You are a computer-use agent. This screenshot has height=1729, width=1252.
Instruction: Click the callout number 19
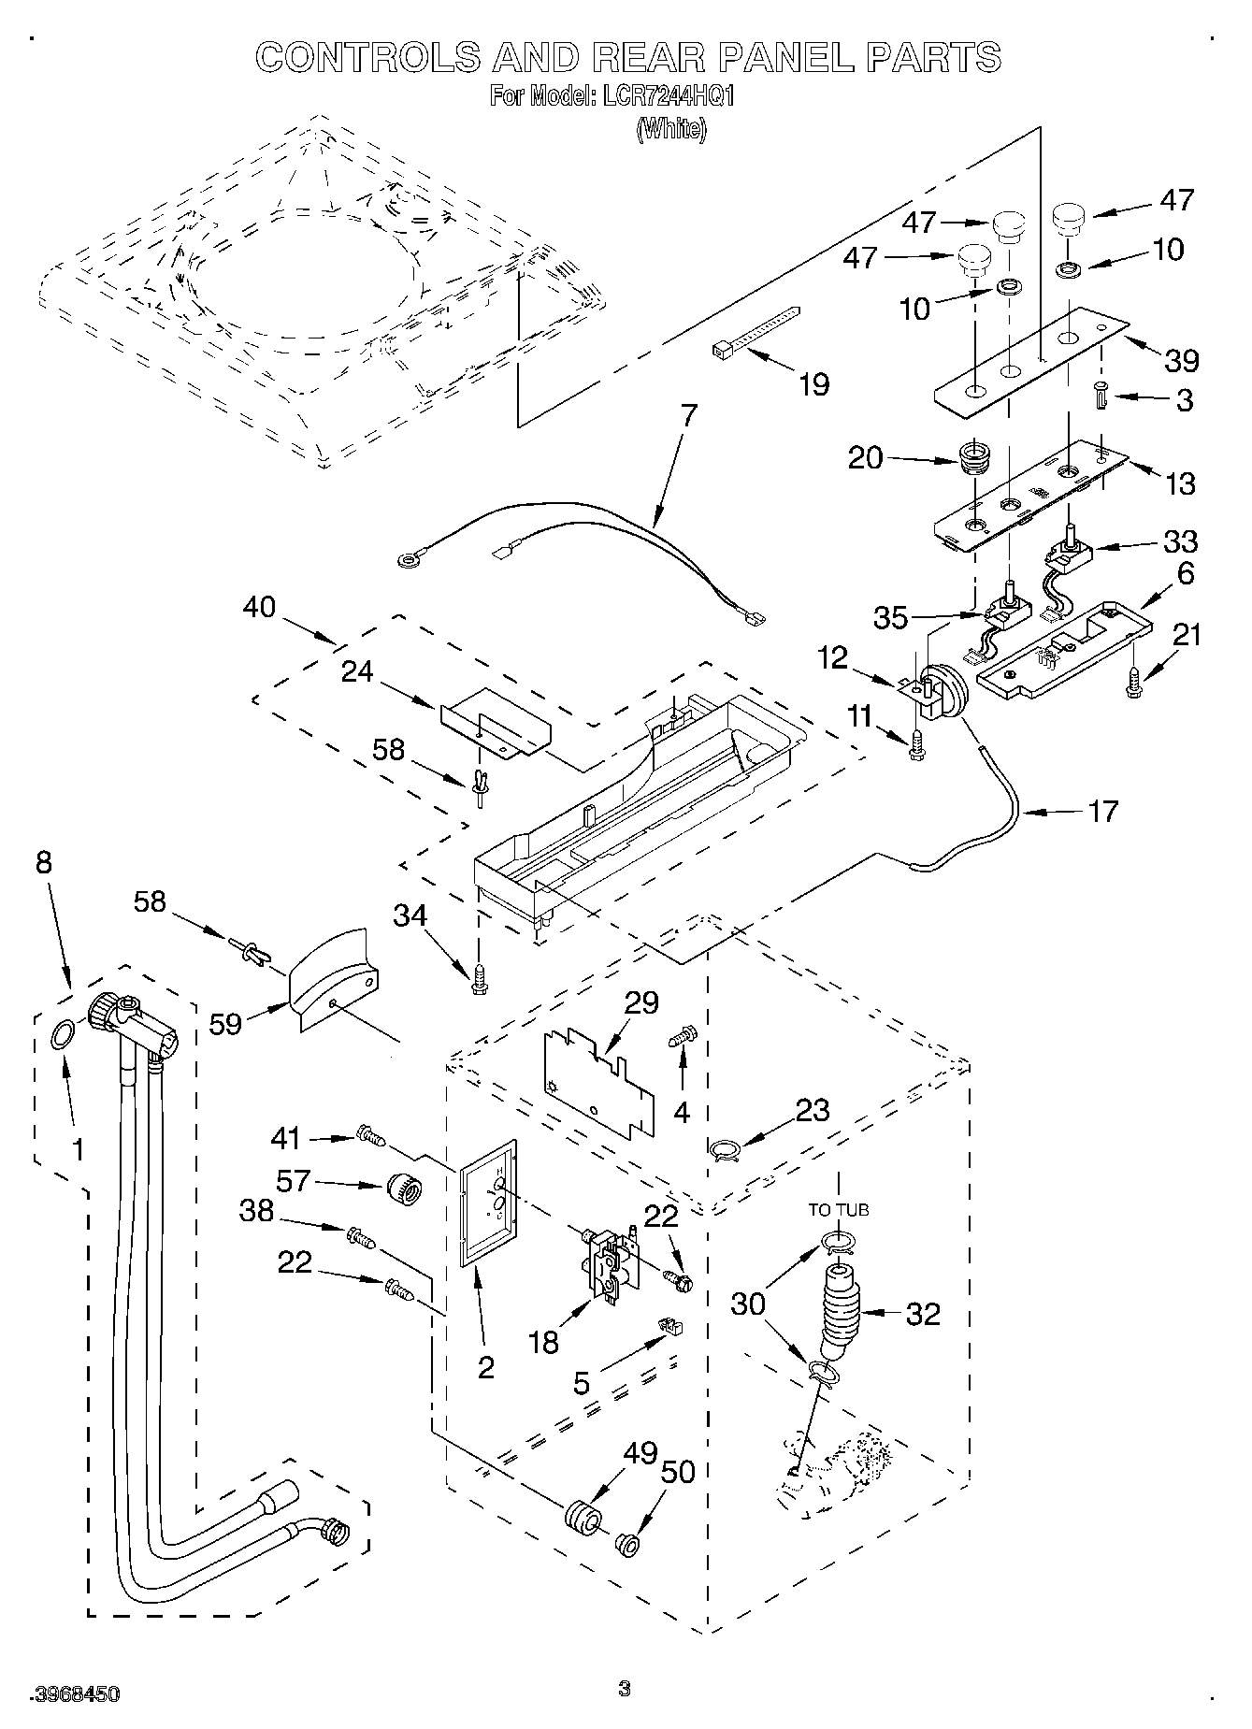(x=813, y=383)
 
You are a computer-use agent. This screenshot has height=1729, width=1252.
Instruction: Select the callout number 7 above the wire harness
(x=689, y=416)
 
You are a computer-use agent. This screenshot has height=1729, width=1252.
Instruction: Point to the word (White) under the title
(x=671, y=129)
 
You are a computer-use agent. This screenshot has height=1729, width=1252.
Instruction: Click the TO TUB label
(x=838, y=1209)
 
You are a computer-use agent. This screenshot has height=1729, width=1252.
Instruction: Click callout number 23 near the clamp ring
(x=812, y=1110)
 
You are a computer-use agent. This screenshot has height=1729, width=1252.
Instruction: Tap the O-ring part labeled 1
(x=61, y=1035)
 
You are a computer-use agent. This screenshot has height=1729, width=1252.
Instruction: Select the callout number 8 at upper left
(x=44, y=861)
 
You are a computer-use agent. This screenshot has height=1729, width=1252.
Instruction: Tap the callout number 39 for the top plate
(x=1181, y=360)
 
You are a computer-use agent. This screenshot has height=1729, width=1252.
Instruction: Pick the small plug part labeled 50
(x=626, y=1542)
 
